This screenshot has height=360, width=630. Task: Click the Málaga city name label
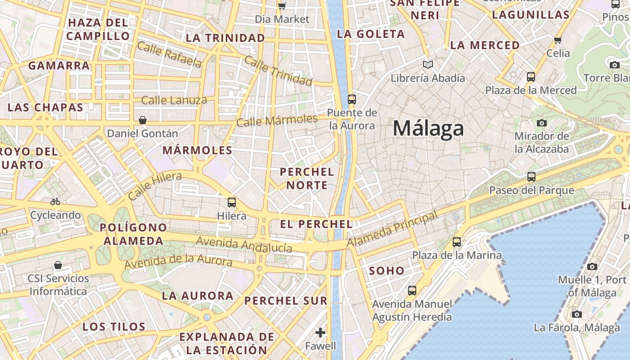[x=428, y=128]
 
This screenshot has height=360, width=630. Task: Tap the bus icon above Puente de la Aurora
[x=352, y=99]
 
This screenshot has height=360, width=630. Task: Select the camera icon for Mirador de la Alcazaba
[x=542, y=123]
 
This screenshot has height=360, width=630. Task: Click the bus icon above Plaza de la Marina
[x=457, y=242]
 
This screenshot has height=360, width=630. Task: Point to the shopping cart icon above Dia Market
[x=282, y=6]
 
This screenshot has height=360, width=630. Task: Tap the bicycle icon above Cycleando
[x=55, y=202]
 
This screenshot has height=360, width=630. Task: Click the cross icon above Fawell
[x=320, y=333]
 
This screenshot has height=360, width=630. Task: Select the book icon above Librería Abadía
[x=428, y=65]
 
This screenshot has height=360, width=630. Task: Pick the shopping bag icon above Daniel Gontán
[x=143, y=120]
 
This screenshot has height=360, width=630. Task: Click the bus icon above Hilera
[x=232, y=202]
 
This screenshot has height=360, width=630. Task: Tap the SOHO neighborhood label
[x=387, y=271]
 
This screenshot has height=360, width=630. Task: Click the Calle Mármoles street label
[x=277, y=121]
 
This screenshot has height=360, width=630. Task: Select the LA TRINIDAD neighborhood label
[x=225, y=38]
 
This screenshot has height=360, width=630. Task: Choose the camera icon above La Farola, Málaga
[x=577, y=314]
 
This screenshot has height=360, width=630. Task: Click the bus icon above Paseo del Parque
[x=531, y=177]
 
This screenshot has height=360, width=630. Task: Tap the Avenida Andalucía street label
[x=244, y=245]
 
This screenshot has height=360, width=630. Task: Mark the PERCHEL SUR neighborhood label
[x=286, y=301]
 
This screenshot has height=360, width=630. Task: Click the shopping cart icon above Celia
[x=558, y=40]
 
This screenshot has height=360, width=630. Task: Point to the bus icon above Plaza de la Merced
[x=531, y=77]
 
